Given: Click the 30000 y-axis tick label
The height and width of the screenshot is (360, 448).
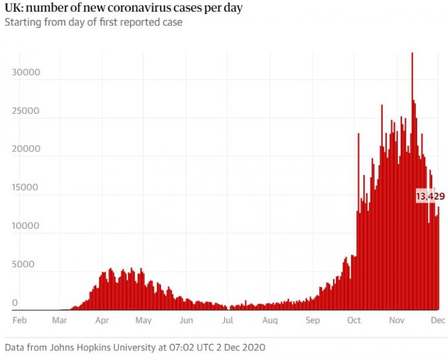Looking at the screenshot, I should coord(25,73).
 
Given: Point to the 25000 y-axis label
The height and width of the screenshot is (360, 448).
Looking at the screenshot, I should coord(25,111).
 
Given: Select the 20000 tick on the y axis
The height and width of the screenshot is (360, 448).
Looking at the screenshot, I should coord(25,149).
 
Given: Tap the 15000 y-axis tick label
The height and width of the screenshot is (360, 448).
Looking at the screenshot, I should coord(25,188).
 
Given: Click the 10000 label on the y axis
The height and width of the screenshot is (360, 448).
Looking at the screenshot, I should coord(25,226).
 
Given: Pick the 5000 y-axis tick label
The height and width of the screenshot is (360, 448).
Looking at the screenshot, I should coord(25,264).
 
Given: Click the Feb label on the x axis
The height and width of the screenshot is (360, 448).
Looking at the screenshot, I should coord(20,320).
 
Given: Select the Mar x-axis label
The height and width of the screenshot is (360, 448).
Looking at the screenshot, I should coord(60,320).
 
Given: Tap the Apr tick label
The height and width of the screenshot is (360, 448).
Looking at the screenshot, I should coord(102,320).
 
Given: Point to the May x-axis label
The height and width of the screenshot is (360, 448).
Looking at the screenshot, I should coord(143,320).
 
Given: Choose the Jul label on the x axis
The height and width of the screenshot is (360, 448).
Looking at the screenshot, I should coord(228,320).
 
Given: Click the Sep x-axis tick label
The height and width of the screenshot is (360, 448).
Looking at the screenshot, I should coord(312,320).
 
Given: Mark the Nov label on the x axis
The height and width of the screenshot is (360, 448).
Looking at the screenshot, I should coord(397,320).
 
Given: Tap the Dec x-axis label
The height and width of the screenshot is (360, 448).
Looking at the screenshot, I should coord(438,320).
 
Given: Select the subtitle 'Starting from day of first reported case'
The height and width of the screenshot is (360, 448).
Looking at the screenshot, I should coord(93,22).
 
